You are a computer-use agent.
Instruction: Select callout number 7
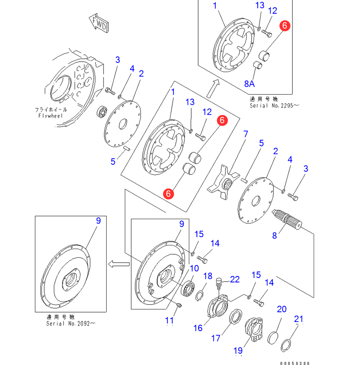(x=245, y=134)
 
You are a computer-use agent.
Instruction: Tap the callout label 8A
(x=250, y=83)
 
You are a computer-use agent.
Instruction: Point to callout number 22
(x=234, y=279)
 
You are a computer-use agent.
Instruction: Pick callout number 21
(x=298, y=319)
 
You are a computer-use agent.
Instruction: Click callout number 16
(x=198, y=328)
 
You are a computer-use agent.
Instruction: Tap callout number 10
(x=194, y=268)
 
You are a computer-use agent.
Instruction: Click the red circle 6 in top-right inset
(x=285, y=26)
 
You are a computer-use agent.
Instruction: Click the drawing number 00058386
(x=295, y=363)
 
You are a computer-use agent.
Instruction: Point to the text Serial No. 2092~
(x=71, y=324)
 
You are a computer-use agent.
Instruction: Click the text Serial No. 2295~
(x=275, y=106)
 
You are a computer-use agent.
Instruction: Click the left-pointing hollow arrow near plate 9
(x=118, y=264)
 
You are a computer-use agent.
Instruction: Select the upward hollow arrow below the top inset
(x=213, y=88)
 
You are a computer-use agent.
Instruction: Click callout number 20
(x=281, y=309)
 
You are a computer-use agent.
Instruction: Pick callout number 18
(x=208, y=276)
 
